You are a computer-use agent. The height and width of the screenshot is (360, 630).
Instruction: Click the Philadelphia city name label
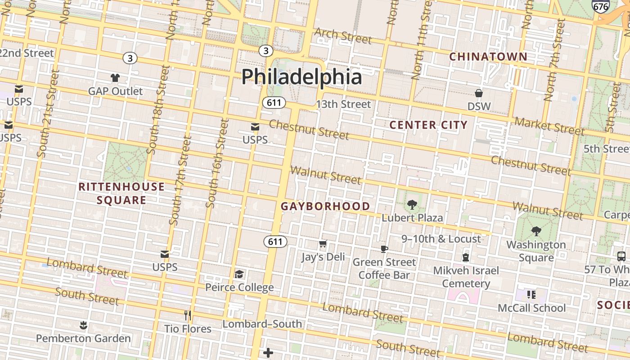pyautogui.click(x=301, y=76)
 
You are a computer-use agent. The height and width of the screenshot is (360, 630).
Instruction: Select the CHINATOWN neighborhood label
pyautogui.click(x=488, y=57)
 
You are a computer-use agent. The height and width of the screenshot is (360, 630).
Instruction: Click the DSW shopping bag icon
pyautogui.click(x=479, y=93)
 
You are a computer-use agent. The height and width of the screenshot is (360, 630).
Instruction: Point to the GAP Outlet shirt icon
pyautogui.click(x=115, y=77)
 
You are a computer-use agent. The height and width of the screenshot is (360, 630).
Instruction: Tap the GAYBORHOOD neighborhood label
pyautogui.click(x=325, y=207)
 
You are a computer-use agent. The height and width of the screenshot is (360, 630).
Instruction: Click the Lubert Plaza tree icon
pyautogui.click(x=412, y=205)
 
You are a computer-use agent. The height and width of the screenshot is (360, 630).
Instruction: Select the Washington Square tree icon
pyautogui.click(x=536, y=231)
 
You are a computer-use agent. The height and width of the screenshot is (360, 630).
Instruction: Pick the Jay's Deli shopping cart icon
pyautogui.click(x=323, y=244)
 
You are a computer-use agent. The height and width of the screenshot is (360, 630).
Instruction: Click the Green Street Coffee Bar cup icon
pyautogui.click(x=384, y=249)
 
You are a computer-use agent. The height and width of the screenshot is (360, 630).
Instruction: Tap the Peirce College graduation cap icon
pyautogui.click(x=239, y=274)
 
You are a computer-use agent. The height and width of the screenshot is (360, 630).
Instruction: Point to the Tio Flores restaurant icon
pyautogui.click(x=188, y=315)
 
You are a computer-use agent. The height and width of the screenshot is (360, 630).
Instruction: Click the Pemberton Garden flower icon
pyautogui.click(x=83, y=325)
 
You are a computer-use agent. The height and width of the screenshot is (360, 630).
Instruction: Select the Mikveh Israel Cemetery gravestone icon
pyautogui.click(x=466, y=257)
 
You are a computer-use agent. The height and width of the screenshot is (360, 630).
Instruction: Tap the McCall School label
pyautogui.click(x=531, y=308)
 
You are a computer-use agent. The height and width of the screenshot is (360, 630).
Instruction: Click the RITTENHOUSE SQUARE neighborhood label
pyautogui.click(x=121, y=193)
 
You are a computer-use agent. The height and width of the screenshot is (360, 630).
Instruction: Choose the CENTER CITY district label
pyautogui.click(x=428, y=125)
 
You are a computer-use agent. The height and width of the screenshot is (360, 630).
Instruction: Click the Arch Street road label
pyautogui.click(x=343, y=36)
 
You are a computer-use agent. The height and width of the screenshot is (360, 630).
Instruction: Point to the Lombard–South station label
pyautogui.click(x=262, y=324)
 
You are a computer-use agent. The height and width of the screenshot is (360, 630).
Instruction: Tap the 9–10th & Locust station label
pyautogui.click(x=441, y=239)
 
